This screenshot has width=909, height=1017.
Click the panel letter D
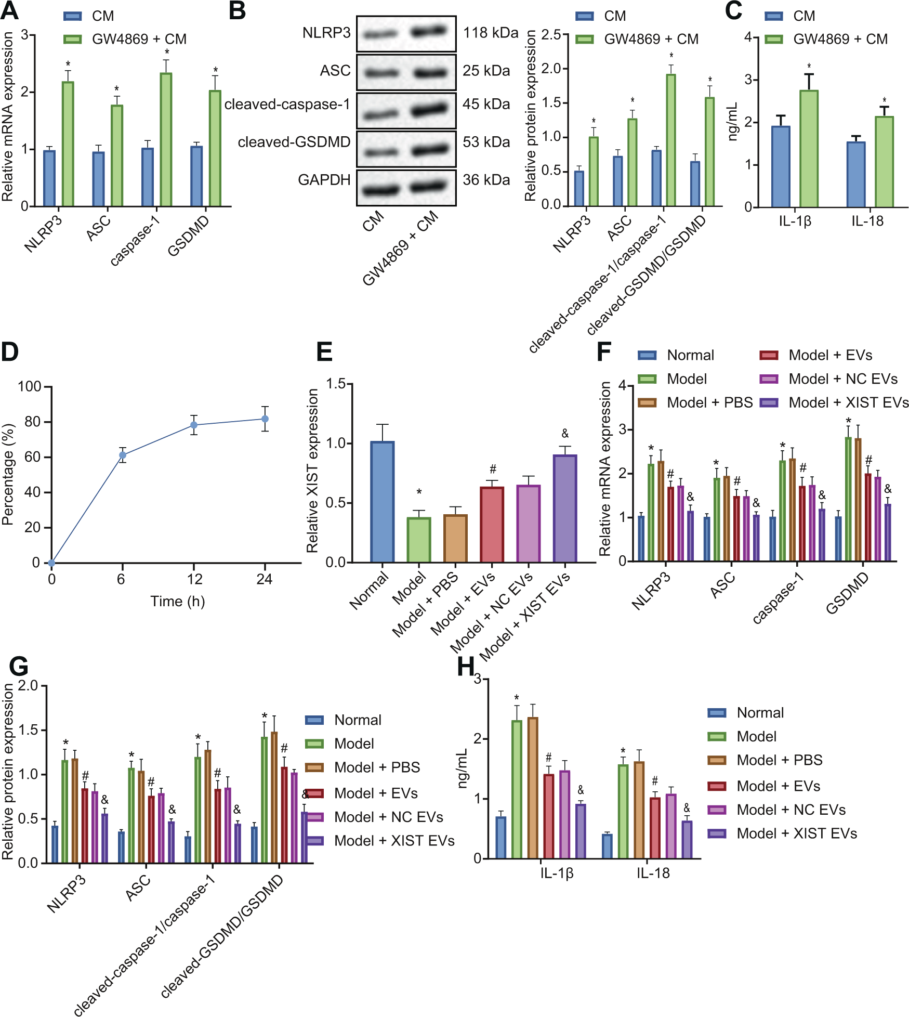pos(10,352)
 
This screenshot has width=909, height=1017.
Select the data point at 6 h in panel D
pos(123,455)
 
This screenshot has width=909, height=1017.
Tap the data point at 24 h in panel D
pos(265,419)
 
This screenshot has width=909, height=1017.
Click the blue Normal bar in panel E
pos(383,502)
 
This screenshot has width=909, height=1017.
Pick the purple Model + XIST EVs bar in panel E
pos(565,508)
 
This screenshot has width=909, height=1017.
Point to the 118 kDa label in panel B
pos(490,33)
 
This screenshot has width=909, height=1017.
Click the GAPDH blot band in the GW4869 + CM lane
pos(430,186)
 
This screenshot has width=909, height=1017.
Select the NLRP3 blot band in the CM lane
pos(380,35)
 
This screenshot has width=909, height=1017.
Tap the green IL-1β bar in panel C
pos(809,149)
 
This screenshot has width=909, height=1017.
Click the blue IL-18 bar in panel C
pos(855,174)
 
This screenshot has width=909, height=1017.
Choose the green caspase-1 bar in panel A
pos(166,139)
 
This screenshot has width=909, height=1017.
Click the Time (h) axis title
pos(177,602)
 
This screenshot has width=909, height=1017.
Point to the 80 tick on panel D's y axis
pos(32,422)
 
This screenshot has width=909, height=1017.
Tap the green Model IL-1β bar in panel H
pos(517,789)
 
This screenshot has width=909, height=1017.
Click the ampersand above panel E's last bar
pos(565,433)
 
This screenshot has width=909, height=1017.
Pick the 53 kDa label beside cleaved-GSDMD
pos(486,142)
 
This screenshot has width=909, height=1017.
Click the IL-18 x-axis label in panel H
pos(653,873)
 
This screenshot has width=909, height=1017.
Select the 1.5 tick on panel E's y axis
pos(336,384)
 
